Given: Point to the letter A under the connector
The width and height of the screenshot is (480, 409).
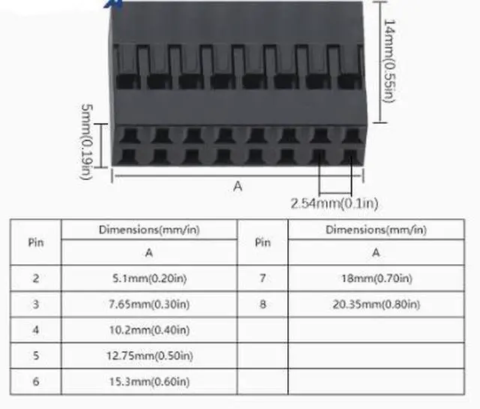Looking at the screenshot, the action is (x=238, y=186).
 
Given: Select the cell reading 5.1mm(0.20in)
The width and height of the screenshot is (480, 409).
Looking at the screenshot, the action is (x=149, y=278).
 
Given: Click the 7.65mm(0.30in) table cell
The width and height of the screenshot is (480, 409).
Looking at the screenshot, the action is (x=149, y=304).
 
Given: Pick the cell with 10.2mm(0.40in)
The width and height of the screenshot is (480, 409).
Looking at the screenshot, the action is (x=149, y=330).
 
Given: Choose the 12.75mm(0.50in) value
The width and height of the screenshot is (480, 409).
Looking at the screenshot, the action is (x=149, y=356).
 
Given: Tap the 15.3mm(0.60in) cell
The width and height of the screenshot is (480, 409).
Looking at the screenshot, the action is (x=149, y=382).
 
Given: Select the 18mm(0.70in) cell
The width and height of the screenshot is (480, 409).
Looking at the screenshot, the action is (x=375, y=278).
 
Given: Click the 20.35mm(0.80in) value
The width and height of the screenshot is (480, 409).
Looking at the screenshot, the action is (x=375, y=304).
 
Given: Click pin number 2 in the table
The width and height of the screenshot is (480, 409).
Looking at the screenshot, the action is (x=36, y=278).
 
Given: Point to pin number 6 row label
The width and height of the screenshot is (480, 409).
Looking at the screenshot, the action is (x=36, y=382).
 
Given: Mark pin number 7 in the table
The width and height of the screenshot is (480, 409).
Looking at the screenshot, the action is (x=262, y=278).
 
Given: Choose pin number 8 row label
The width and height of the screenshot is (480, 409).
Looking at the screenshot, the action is (x=262, y=304).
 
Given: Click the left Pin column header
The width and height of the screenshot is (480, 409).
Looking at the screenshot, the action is (x=36, y=242).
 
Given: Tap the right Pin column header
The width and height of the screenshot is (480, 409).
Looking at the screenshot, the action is (x=262, y=242).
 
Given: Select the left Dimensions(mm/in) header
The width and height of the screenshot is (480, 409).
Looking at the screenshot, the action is (x=149, y=230).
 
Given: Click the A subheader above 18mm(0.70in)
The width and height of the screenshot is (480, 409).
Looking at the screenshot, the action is (x=376, y=253).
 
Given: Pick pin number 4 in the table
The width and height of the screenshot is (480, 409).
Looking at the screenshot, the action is (x=36, y=330).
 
